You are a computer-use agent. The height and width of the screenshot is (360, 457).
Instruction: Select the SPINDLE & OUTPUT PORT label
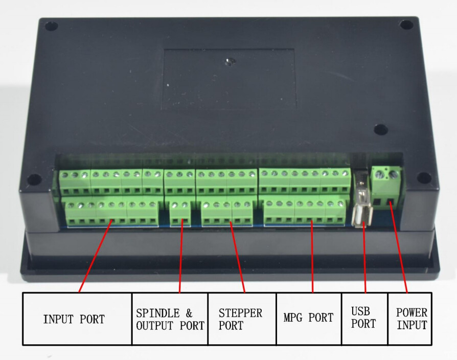(x=170, y=319)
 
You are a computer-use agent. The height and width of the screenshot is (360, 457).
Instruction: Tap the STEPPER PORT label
(x=241, y=319)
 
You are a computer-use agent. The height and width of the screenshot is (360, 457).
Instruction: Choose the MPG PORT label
(x=308, y=318)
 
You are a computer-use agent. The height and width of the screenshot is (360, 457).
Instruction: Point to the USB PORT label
(x=364, y=318)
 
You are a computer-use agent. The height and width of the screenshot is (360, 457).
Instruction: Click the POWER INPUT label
(x=411, y=319)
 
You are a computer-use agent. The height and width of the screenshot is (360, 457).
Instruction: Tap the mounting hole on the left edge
(x=33, y=179)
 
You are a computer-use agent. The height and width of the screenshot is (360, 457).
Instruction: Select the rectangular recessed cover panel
(x=228, y=79)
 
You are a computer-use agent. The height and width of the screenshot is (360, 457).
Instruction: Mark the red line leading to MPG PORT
(x=312, y=256)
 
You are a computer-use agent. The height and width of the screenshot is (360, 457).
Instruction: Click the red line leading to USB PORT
(x=364, y=256)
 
